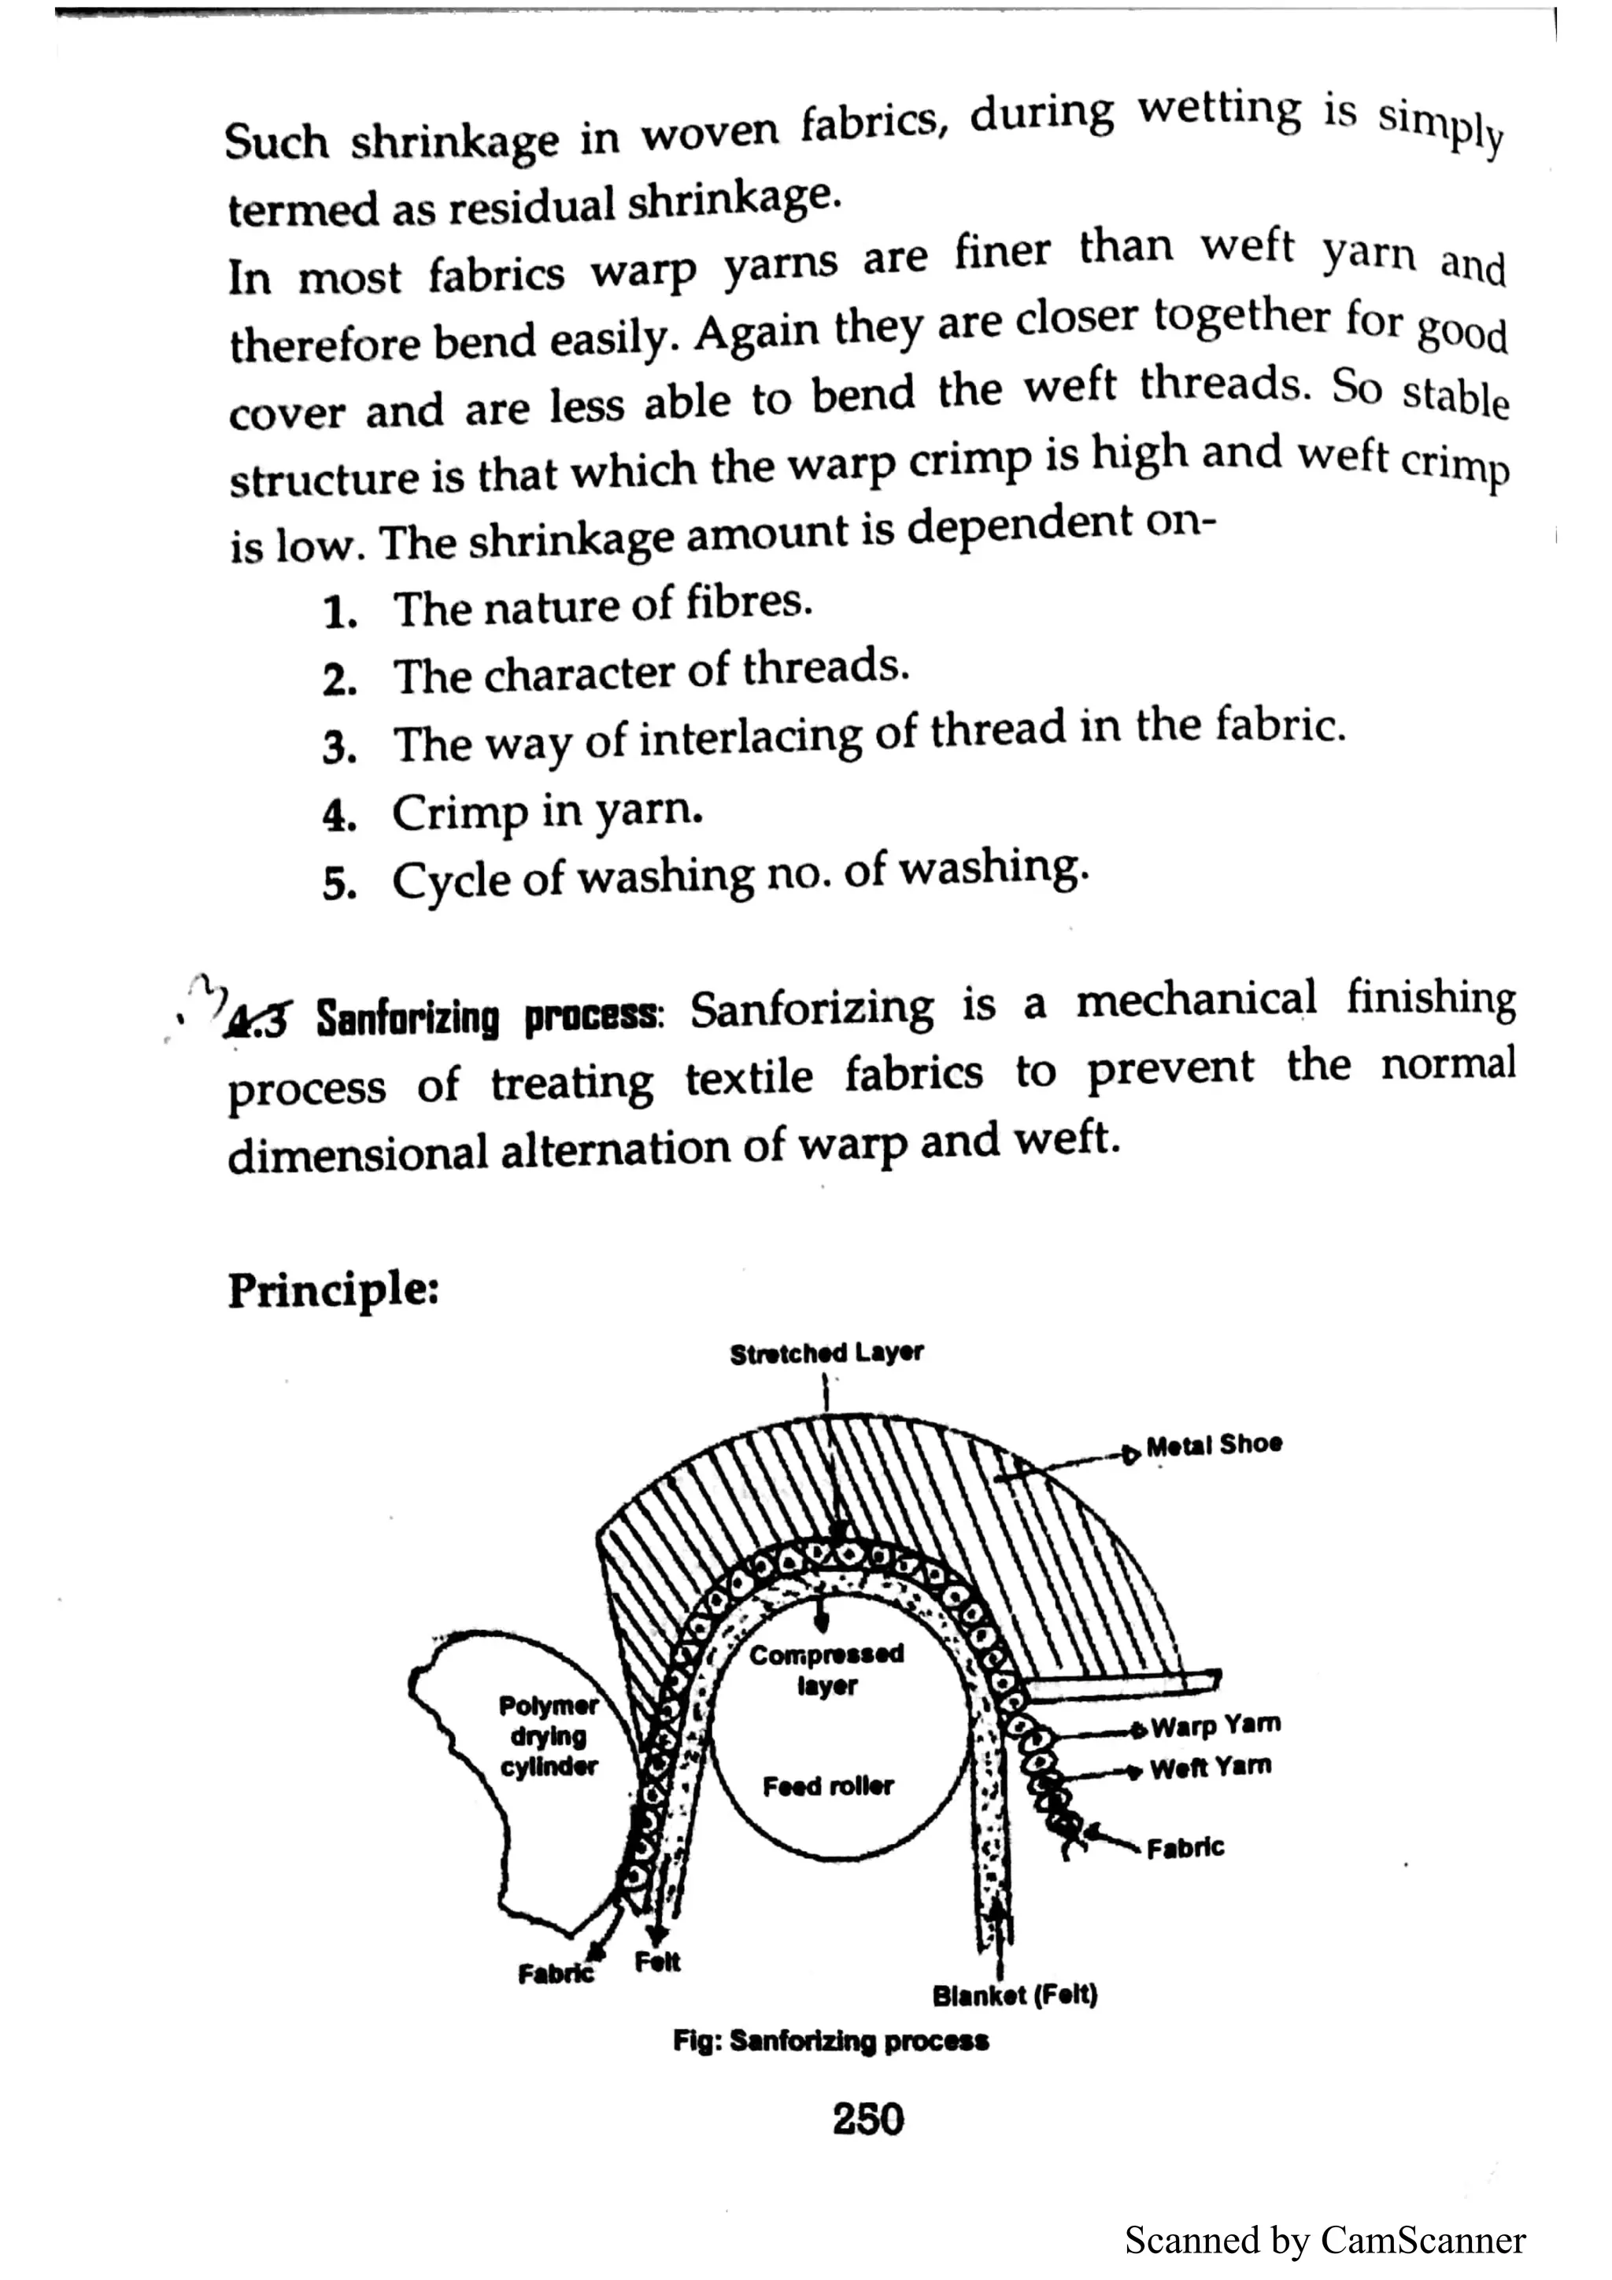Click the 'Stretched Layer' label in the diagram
(x=826, y=1353)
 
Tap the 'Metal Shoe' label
(x=1213, y=1444)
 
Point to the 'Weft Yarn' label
(x=1210, y=1768)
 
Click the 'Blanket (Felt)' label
(x=1014, y=1995)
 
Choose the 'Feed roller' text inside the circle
(x=827, y=1787)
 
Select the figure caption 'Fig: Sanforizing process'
(x=830, y=2042)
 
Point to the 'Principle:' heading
(x=333, y=1291)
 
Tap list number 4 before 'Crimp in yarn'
(x=338, y=815)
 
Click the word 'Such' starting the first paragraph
(x=276, y=142)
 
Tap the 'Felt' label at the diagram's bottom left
(x=657, y=1962)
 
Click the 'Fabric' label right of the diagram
(x=1184, y=1848)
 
